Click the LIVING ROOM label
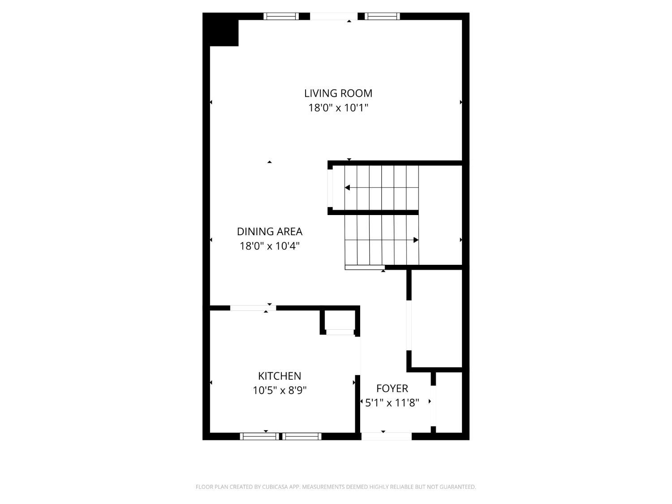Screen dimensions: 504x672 coord(338,93)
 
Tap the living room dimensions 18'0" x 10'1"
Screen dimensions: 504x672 coord(338,108)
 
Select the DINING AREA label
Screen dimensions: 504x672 coord(270,232)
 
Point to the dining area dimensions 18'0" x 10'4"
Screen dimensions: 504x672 coord(270,246)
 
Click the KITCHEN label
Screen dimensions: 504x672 coord(280,376)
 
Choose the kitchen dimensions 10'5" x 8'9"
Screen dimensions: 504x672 coord(280,391)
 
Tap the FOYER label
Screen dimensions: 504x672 coord(392,388)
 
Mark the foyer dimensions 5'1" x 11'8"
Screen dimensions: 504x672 coord(392,403)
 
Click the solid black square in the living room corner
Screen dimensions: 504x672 coord(220,30)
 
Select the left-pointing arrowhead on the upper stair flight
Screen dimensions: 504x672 coord(347,188)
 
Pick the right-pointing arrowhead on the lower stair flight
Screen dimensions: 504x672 coord(416,240)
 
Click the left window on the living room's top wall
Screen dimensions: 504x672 coord(281,17)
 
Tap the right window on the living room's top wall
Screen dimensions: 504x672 coord(382,17)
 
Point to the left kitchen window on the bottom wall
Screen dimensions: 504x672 coord(258,436)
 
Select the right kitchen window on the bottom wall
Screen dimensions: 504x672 coord(302,436)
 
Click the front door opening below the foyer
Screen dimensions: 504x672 coord(386,436)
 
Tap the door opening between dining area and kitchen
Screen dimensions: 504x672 coord(253,308)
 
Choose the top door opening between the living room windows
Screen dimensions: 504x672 coord(334,17)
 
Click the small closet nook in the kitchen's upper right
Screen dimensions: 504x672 coord(340,320)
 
